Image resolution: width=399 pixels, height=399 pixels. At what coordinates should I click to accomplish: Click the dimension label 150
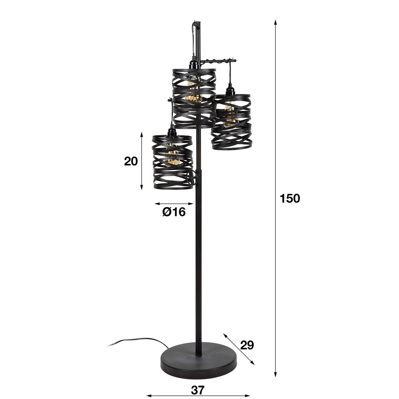tap(290, 199)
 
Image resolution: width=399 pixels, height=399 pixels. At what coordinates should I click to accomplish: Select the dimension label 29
tap(246, 345)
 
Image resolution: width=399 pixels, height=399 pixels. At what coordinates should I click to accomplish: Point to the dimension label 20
tap(131, 161)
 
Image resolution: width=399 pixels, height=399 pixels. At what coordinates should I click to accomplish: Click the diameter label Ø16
tap(174, 212)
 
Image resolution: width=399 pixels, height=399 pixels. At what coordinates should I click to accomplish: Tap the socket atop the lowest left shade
tap(171, 132)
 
